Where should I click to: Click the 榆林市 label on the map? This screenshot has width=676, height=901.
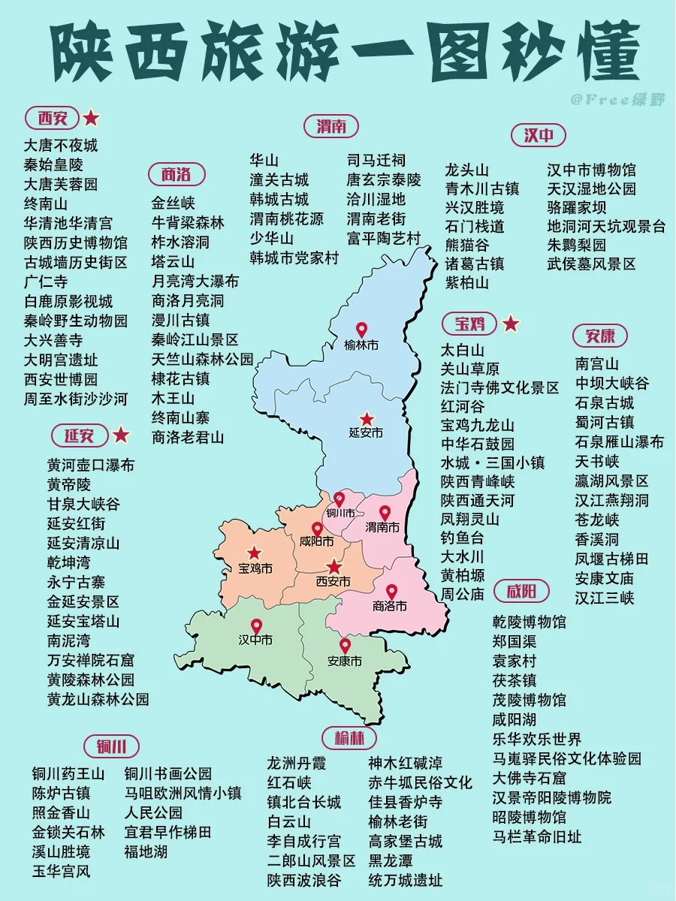(x=361, y=345)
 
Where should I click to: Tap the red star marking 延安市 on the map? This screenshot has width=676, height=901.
(x=367, y=419)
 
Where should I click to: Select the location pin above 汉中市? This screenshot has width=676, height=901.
(x=256, y=626)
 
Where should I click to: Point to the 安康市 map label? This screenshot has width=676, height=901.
(x=345, y=661)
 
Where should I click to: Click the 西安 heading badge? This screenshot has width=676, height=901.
(x=53, y=118)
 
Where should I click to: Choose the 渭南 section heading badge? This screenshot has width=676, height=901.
(x=331, y=126)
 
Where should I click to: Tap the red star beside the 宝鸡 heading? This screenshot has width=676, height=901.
(x=511, y=324)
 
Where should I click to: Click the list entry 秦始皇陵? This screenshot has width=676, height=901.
(x=53, y=164)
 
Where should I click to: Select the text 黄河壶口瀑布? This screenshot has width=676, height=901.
(x=91, y=465)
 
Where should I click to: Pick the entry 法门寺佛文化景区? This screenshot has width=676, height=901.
(x=499, y=387)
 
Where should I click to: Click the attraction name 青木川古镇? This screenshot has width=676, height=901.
(x=481, y=188)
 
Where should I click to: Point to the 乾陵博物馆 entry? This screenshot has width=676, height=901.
(x=530, y=622)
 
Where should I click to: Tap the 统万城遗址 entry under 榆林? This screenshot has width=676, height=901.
(x=405, y=880)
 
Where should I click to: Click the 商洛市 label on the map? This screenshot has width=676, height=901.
(x=389, y=606)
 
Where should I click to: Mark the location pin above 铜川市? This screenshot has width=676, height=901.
(x=340, y=499)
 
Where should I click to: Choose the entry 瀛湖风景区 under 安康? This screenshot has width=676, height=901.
(x=611, y=481)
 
